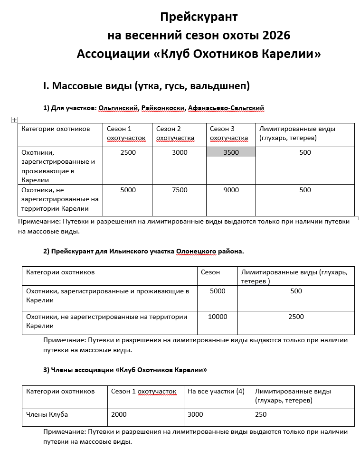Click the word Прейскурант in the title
pos(199,18)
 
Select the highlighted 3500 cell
pos(231,152)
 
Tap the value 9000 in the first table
pos(231,190)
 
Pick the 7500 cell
pos(180,190)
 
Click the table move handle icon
pos(14,120)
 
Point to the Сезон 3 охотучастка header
pos(229,133)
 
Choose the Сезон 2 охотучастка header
pos(175,133)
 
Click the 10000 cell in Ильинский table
pos(218,317)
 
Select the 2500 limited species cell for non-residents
pos(296,317)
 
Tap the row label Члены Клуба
pos(47,414)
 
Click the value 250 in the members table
pos(261,414)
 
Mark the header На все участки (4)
pos(216,391)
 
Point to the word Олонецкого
pos(197,251)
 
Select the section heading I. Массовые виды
pos(146,86)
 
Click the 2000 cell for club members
pos(119,414)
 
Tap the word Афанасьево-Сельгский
pos(226,108)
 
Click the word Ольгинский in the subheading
pos(118,108)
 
